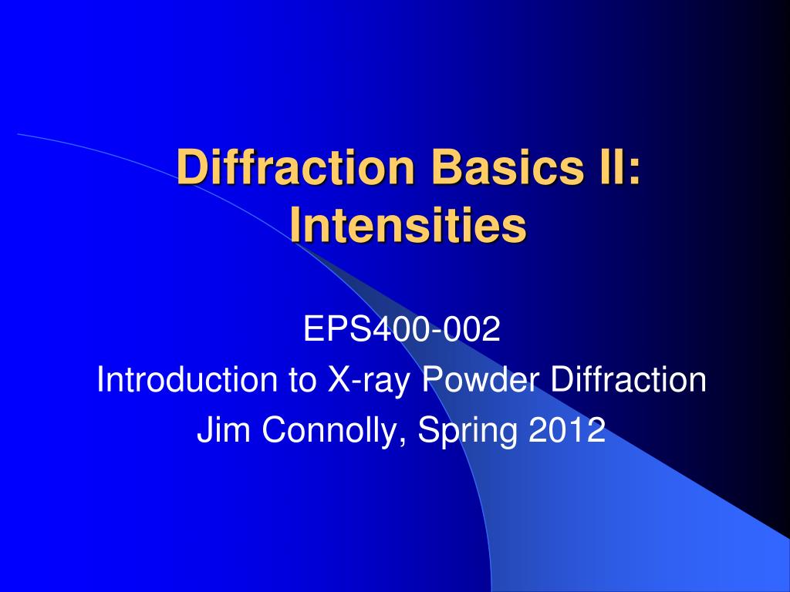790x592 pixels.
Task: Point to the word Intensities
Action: point(409,227)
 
